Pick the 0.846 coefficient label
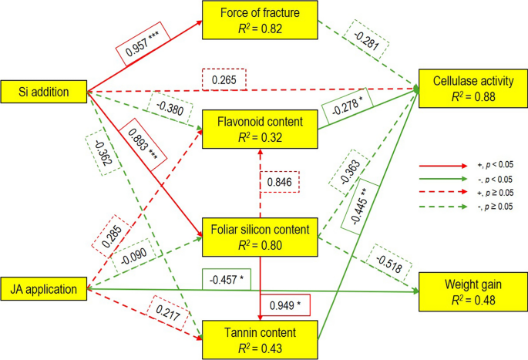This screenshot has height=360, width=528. tap(278, 182)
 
